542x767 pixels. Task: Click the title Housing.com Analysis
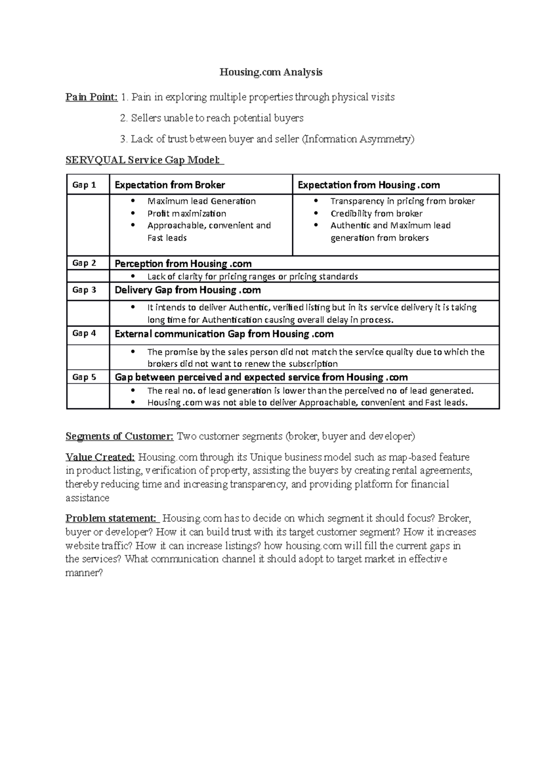[271, 72]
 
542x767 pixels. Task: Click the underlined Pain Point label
[92, 97]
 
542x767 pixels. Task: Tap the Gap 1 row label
[84, 185]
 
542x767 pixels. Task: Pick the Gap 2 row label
[84, 263]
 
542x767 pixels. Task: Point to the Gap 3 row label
[84, 290]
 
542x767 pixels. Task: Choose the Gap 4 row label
[84, 333]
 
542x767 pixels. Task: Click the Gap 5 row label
[84, 377]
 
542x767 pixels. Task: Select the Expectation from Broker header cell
[170, 185]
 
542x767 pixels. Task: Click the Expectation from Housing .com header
[369, 185]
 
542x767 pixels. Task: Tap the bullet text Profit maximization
[187, 214]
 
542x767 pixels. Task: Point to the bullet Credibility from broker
[376, 214]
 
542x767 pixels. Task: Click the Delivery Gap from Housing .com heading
[187, 290]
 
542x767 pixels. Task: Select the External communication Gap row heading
[224, 334]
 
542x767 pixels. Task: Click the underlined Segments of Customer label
[119, 436]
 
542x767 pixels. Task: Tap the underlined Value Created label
[100, 457]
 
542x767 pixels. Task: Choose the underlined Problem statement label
[111, 518]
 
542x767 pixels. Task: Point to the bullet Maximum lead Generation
[201, 201]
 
